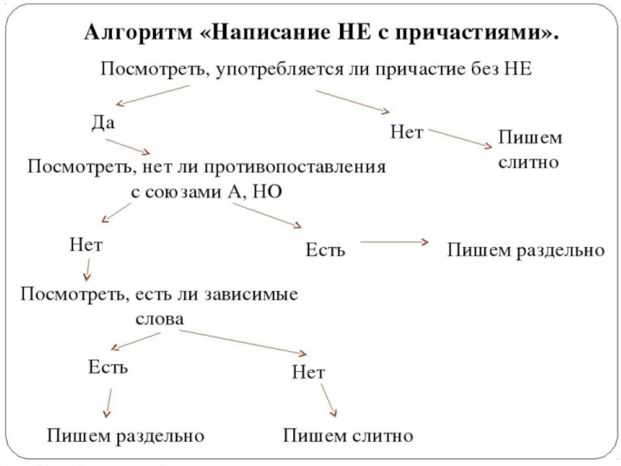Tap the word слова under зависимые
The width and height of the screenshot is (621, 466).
tap(159, 318)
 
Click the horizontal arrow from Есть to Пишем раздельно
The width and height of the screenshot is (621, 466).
tap(394, 242)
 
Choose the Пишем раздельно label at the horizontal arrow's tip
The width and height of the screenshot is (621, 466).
tap(525, 250)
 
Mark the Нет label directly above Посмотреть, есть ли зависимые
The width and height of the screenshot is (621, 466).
tap(85, 245)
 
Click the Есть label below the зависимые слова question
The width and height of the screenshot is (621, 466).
tap(107, 367)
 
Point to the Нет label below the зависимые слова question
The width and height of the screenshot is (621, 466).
tap(308, 374)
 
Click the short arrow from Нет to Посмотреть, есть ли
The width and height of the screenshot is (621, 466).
tap(87, 270)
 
